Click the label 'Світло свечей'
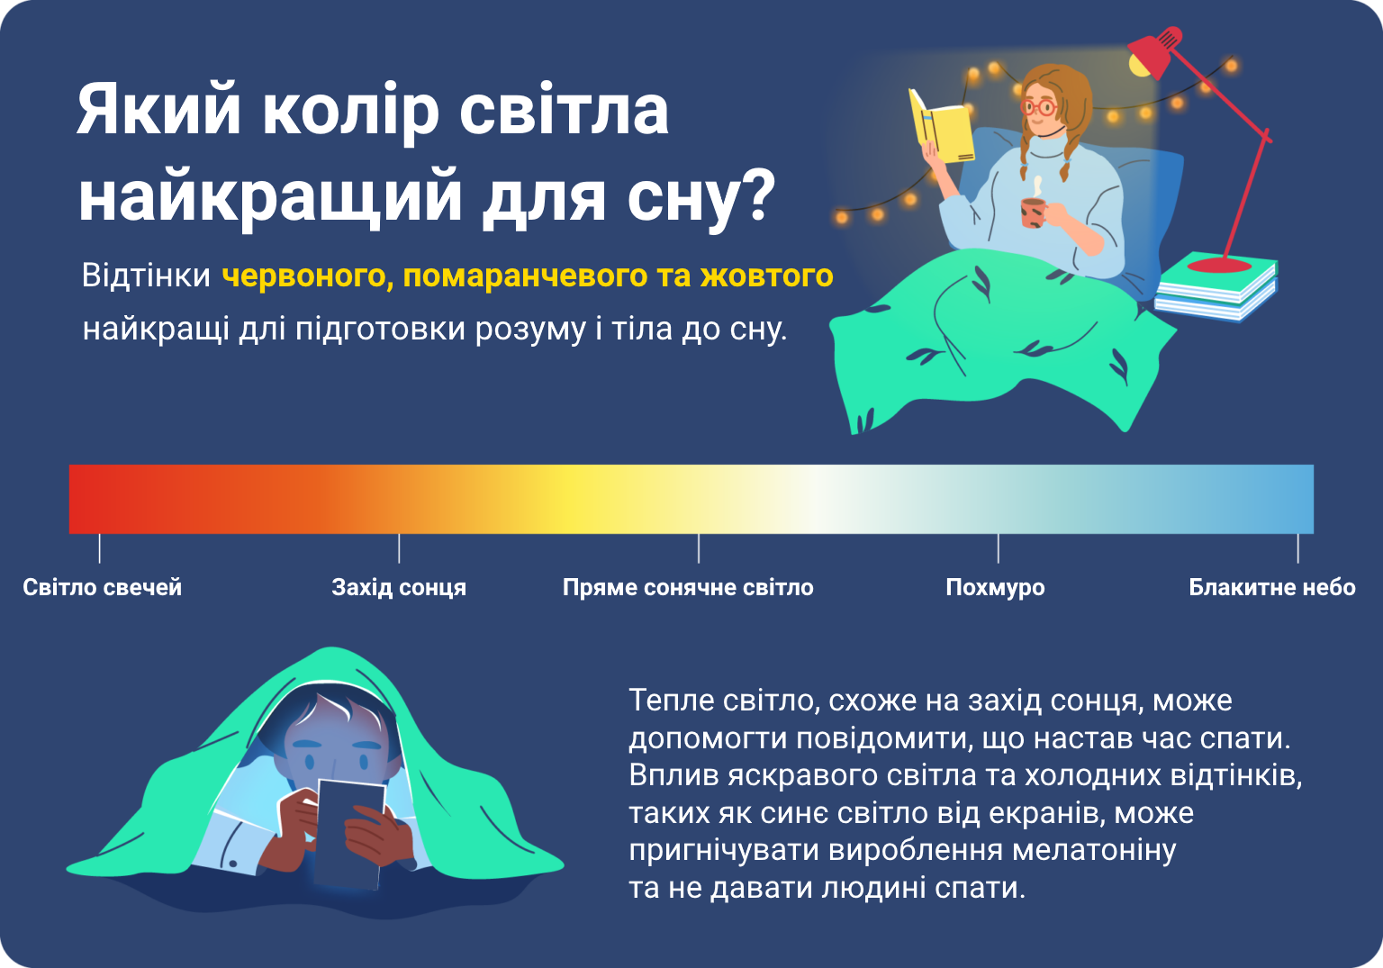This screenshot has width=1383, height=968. pos(103,587)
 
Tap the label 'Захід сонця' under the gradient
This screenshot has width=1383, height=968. pos(399,587)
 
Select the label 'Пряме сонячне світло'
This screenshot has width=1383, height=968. pos(688,587)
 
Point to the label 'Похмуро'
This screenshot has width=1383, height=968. pos(995,587)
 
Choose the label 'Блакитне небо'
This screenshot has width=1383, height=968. pos(1272,587)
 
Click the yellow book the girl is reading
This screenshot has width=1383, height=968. pos(940,127)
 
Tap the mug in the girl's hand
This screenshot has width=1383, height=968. pos(1033,213)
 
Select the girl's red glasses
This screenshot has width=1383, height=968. pos(1039,107)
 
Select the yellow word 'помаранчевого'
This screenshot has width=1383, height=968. pos(525,276)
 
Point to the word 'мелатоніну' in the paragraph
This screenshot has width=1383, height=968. pos(1094,850)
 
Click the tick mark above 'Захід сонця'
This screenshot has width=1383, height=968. pos(399,548)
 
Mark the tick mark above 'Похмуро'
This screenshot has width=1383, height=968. pos(999,548)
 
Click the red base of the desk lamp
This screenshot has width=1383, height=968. pos(1219,266)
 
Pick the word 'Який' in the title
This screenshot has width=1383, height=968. pos(158,110)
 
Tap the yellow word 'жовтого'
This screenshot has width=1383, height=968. pos(766,276)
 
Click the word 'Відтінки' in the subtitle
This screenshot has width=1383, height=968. pos(147,276)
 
